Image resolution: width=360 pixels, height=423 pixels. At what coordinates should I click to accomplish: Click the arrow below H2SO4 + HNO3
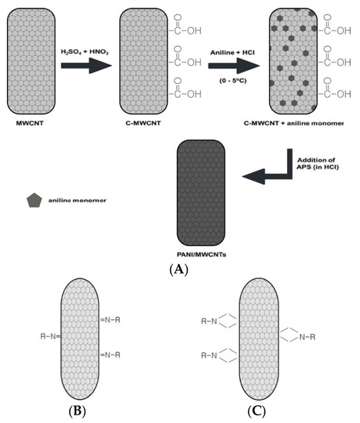[x=86, y=65]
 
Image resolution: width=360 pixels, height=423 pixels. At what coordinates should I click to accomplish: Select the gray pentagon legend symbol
[x=34, y=201]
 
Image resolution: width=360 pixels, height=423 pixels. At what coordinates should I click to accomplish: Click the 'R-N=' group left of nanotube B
[x=55, y=336]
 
